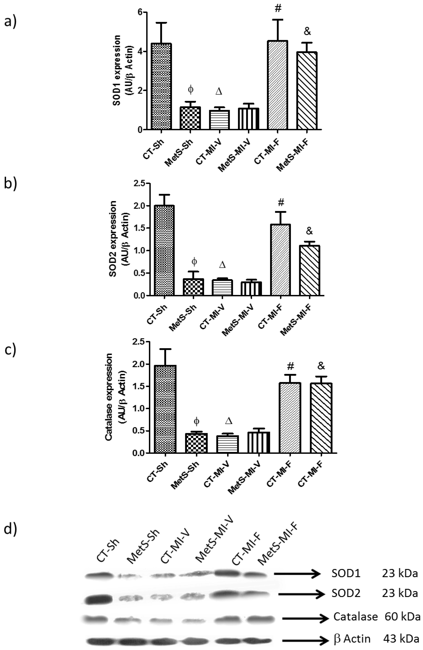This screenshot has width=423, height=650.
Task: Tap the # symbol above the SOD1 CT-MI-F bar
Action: pos(278,8)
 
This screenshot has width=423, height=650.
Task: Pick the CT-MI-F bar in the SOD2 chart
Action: pos(280,260)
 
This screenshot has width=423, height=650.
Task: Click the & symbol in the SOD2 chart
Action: pos(309,231)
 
